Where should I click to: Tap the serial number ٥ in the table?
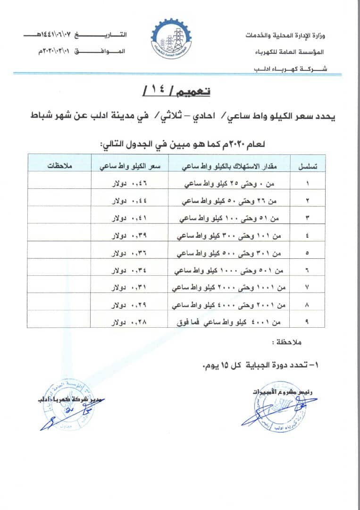click(x=308, y=253)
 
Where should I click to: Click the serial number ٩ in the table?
click(x=308, y=322)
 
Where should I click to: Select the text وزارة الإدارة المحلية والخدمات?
click(x=287, y=36)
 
